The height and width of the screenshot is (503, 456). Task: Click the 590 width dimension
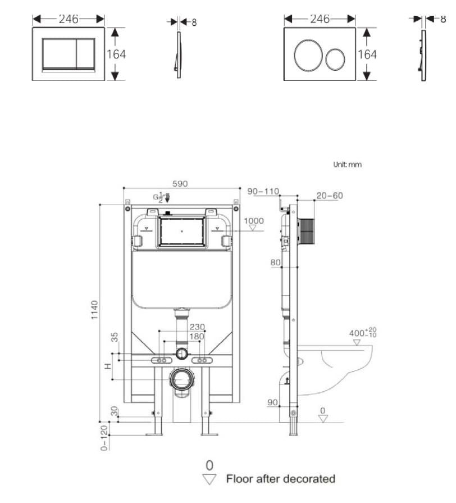pyautogui.click(x=180, y=184)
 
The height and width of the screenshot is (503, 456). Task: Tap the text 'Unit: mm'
pyautogui.click(x=348, y=165)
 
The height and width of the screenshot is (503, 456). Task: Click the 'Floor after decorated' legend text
pyautogui.click(x=280, y=479)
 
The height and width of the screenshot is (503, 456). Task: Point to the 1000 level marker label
pyautogui.click(x=253, y=221)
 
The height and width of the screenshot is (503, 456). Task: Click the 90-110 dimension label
pyautogui.click(x=263, y=192)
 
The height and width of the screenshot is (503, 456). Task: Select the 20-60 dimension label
pyautogui.click(x=329, y=196)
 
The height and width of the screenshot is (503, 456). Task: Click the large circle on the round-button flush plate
pyautogui.click(x=308, y=55)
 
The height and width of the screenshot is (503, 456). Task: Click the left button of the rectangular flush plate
pyautogui.click(x=58, y=54)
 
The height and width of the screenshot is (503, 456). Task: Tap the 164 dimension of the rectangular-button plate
pyautogui.click(x=117, y=55)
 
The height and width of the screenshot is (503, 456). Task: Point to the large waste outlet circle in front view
pyautogui.click(x=181, y=379)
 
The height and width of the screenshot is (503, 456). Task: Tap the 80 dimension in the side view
pyautogui.click(x=275, y=262)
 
